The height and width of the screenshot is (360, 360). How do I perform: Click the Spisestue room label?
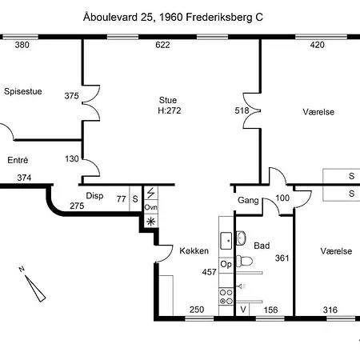pos(23,91)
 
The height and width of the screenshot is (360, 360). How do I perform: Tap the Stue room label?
pos(168,100)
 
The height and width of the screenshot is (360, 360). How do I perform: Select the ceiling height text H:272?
pos(170,110)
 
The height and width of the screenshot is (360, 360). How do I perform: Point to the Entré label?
pos(18,160)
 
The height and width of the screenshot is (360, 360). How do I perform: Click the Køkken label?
pos(194,250)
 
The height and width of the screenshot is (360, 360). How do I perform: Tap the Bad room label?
pos(262,246)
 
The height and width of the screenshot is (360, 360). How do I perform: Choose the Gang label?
pos(248,200)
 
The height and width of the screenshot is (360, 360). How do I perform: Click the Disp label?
pos(94,196)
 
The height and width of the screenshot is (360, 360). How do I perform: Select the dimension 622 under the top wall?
pos(162,45)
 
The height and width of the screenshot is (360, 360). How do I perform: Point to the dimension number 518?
pos(242,110)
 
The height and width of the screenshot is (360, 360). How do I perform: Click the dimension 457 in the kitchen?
pos(209,272)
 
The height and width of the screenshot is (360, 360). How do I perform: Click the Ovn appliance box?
pos(151,207)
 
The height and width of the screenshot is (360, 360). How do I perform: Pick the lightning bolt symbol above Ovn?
pos(151,193)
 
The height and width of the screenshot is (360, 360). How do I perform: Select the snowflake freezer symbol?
pos(151,222)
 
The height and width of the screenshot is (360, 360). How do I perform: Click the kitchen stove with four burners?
pos(226,297)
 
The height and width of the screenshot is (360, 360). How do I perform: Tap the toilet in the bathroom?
pos(244,261)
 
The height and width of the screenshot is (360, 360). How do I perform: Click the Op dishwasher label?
pos(226,264)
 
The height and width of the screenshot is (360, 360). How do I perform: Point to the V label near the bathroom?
pos(243,310)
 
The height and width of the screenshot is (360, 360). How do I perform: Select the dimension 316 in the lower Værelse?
pos(330,310)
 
